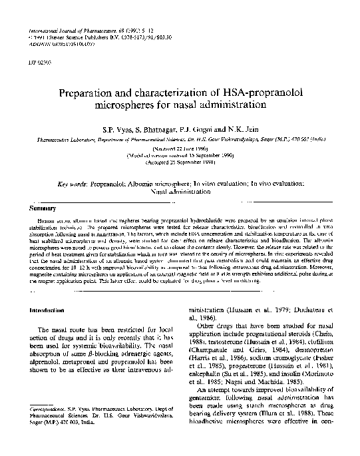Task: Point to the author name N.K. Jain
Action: click(237, 126)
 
